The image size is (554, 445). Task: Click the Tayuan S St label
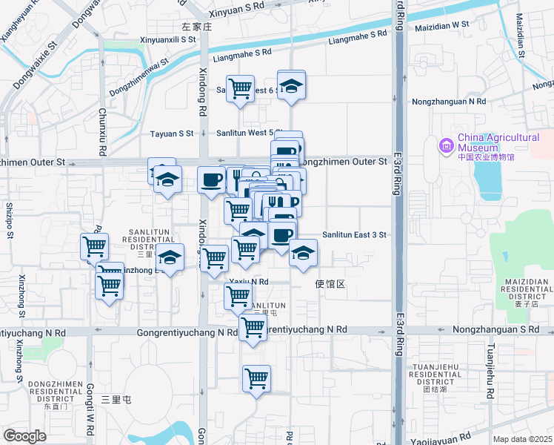(172, 133)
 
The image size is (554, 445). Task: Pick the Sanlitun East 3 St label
(354, 235)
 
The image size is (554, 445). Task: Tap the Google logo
(25, 435)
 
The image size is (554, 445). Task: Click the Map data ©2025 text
(522, 439)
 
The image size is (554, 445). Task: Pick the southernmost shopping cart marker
(256, 378)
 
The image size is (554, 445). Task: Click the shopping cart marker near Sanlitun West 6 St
(240, 89)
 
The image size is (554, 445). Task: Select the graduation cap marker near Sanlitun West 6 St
(292, 85)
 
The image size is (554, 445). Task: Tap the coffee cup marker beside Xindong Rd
(212, 180)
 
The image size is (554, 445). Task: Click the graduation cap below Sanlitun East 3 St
(303, 253)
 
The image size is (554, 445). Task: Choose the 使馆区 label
(330, 284)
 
